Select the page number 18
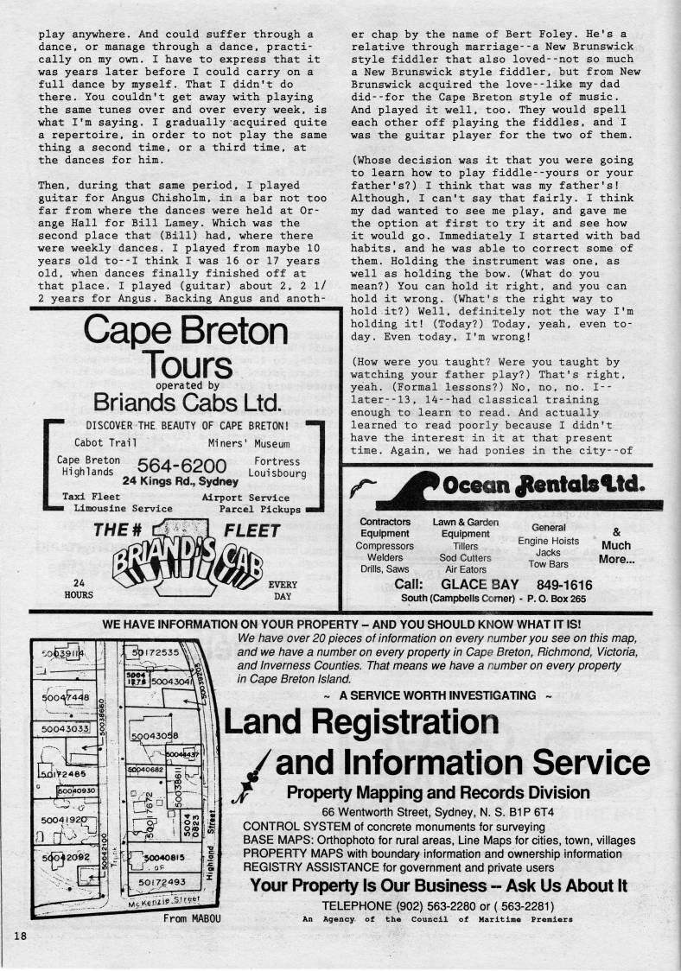point(20,936)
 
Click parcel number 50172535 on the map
point(156,652)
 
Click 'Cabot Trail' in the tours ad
point(106,442)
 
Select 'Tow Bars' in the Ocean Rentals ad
point(549,563)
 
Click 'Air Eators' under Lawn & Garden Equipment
point(466,570)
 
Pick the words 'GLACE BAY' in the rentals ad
point(480,585)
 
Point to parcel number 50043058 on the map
point(155,736)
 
